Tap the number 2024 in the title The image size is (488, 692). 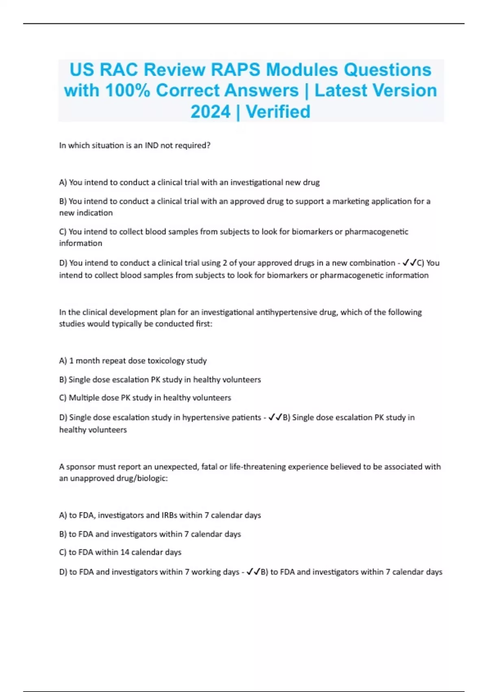click(x=210, y=112)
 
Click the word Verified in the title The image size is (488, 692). click(x=278, y=112)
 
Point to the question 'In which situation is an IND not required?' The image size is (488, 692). click(x=135, y=145)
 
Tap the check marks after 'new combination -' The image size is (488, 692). click(x=410, y=263)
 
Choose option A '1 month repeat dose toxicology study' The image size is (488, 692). click(x=133, y=361)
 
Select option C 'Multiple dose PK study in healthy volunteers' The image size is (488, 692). click(x=145, y=398)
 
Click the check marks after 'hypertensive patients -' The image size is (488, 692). click(x=275, y=417)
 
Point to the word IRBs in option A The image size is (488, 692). click(x=169, y=515)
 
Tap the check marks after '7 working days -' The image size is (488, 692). click(x=253, y=572)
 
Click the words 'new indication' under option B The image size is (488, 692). click(x=86, y=213)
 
